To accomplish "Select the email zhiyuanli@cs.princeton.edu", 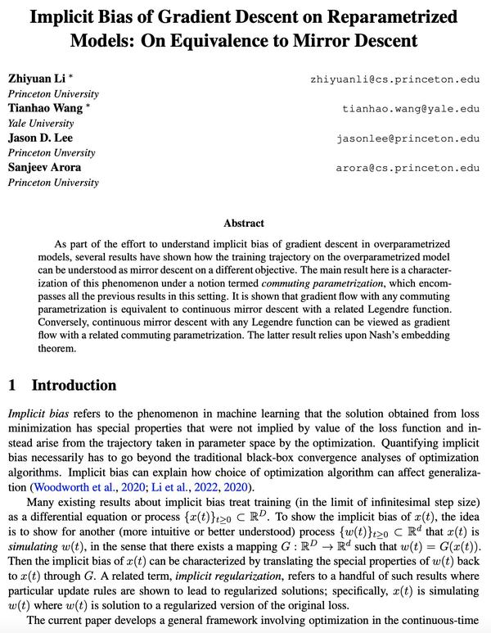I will click(394, 79).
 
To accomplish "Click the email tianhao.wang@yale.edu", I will click(411, 108).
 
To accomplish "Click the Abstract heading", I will click(244, 222).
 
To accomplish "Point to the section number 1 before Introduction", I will click(11, 385).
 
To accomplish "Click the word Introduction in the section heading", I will click(74, 385).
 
